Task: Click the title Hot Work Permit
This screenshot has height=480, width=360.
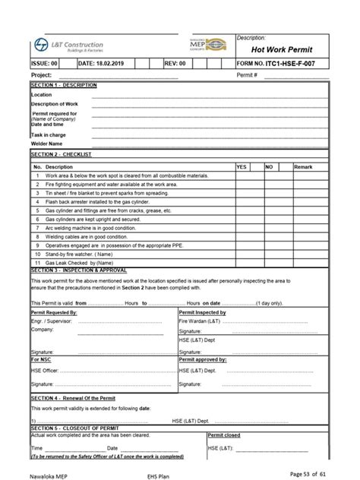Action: [281, 49]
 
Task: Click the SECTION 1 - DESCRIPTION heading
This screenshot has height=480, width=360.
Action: [64, 85]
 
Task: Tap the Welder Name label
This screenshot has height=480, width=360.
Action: [46, 143]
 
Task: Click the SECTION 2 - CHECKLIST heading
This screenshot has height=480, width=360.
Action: [61, 154]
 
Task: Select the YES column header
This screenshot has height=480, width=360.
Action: [242, 166]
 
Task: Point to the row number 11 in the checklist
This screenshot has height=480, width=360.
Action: [36, 261]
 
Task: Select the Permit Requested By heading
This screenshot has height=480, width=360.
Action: [54, 312]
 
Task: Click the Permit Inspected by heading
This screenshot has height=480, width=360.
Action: [203, 312]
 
